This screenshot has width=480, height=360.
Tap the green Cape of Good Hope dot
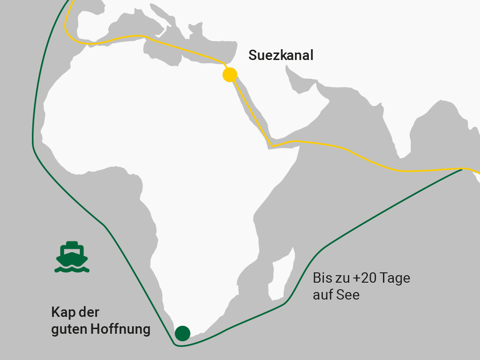tap(182, 333)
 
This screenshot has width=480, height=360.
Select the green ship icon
tap(72, 257)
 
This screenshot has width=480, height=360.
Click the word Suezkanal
tap(281, 56)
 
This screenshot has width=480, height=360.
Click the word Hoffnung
tap(121, 329)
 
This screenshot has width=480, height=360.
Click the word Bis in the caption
tap(322, 278)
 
